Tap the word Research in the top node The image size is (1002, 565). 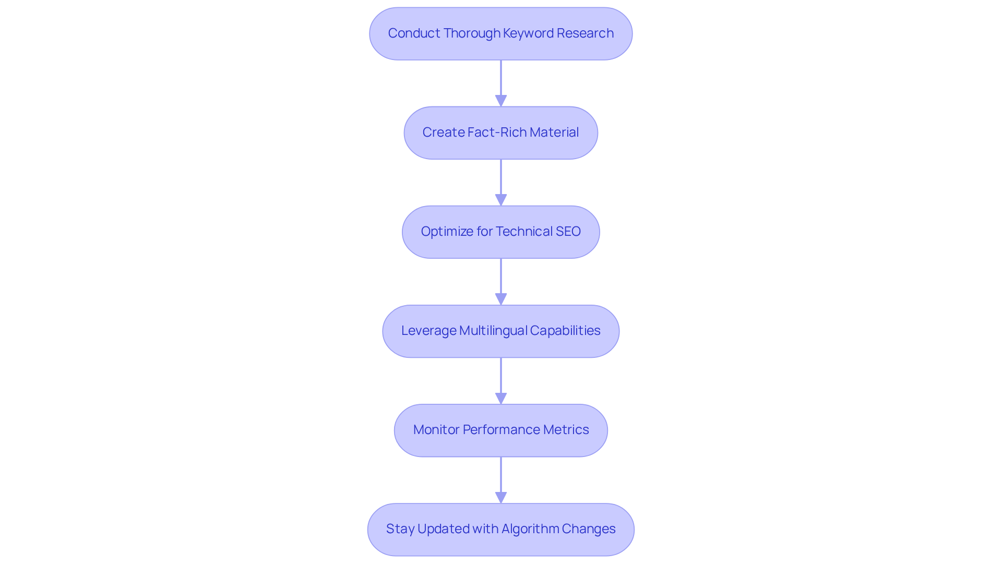click(x=585, y=33)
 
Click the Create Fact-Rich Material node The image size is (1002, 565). click(x=500, y=133)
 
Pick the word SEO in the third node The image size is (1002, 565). click(x=568, y=232)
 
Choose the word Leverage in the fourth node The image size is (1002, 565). click(x=428, y=331)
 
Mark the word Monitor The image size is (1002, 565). click(x=436, y=430)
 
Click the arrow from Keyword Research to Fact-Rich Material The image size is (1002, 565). click(x=501, y=78)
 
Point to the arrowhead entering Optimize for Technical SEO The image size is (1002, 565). click(x=501, y=200)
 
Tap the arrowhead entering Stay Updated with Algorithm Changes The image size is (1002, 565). click(x=501, y=497)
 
